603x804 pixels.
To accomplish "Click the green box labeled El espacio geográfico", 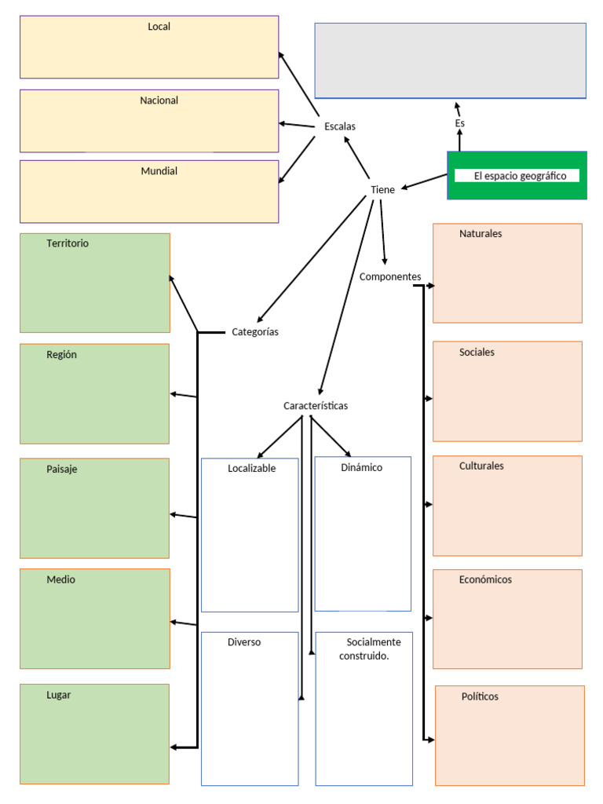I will (517, 176).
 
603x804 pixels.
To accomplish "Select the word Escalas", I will (340, 126).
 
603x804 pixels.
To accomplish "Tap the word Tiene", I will (382, 190).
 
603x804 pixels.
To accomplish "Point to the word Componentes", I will (390, 277).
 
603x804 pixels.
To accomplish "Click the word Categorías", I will (255, 332).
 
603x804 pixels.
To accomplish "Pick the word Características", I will (316, 406).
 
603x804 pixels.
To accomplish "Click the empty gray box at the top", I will (450, 60).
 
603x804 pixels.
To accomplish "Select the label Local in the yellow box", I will (159, 27).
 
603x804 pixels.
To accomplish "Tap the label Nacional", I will (159, 100).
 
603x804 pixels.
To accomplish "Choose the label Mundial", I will (159, 171).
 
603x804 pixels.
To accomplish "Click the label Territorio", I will (68, 243).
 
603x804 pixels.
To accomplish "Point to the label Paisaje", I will (62, 470).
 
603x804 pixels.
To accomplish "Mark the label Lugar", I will (59, 695).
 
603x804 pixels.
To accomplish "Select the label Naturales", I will (481, 234).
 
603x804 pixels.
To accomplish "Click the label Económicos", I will (485, 580).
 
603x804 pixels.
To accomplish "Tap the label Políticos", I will (480, 697).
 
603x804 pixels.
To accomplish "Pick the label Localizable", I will (252, 468).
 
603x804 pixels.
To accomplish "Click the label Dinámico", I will (362, 468).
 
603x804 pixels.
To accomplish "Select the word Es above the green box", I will (460, 124).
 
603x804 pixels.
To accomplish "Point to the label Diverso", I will (244, 642).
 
